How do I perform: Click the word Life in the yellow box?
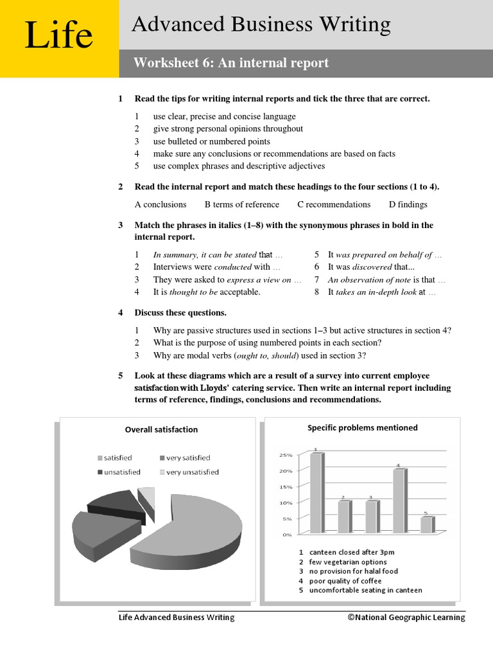58,36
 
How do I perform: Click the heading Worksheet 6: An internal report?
230,63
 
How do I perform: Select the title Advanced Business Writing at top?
261,24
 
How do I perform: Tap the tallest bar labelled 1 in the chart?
316,493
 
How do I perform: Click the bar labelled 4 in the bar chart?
399,501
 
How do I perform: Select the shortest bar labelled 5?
426,524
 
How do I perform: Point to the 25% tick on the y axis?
285,455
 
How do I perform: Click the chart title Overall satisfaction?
161,429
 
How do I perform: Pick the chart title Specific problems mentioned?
362,427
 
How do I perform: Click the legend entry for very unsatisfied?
192,472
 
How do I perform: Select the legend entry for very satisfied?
187,458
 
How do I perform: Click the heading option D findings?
408,204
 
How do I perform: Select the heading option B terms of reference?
241,204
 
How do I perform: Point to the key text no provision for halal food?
353,571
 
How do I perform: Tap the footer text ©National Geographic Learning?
406,618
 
